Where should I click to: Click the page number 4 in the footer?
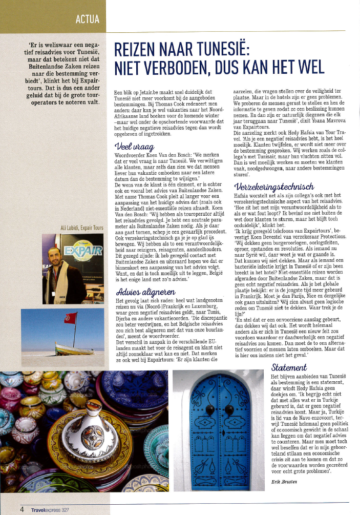pyautogui.click(x=22, y=510)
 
